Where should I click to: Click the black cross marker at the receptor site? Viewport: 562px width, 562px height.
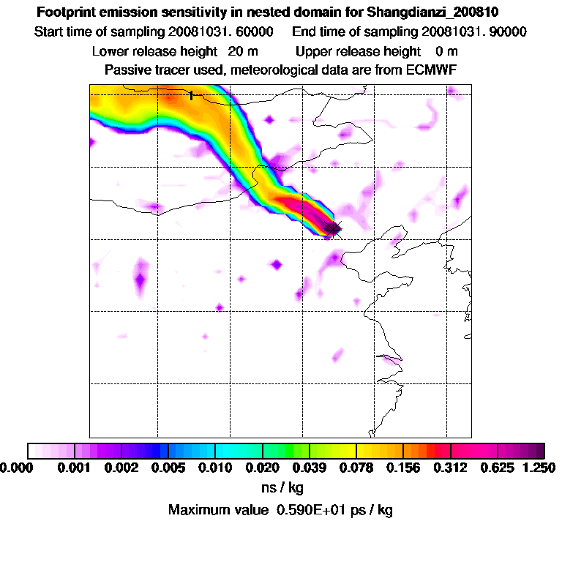[333, 229]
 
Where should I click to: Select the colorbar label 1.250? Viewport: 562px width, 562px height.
[537, 467]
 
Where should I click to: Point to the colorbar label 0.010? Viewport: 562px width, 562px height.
[214, 467]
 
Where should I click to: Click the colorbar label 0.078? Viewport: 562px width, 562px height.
[356, 467]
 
